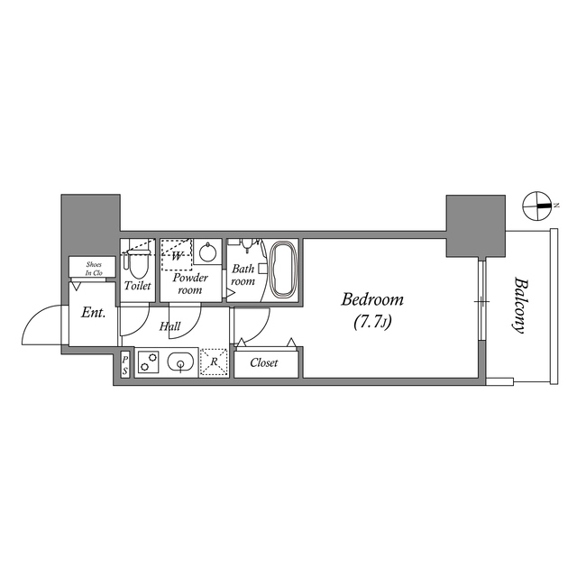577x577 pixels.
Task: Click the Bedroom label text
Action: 372,300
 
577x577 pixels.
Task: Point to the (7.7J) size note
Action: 372,320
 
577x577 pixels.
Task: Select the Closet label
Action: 263,363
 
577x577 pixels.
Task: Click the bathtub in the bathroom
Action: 283,268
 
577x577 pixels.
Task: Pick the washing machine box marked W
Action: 177,254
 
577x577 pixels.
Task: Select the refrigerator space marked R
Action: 213,362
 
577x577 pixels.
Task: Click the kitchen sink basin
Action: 181,363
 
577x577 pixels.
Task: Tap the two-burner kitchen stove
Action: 148,363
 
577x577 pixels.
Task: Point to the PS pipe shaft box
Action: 124,364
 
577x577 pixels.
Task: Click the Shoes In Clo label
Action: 94,268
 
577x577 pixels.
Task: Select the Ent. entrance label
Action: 93,313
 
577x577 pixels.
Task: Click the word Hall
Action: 170,326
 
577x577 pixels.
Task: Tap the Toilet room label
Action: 138,286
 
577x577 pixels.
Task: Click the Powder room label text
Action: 190,284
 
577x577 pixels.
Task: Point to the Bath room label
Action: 243,275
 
